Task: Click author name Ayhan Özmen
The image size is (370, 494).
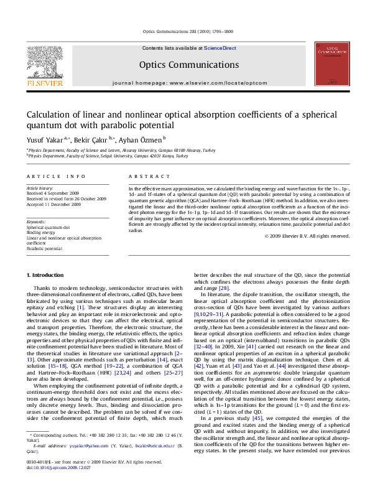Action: pyautogui.click(x=141, y=139)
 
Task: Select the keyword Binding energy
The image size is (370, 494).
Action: pyautogui.click(x=40, y=233)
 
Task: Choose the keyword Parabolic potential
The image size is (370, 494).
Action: pyautogui.click(x=44, y=248)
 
